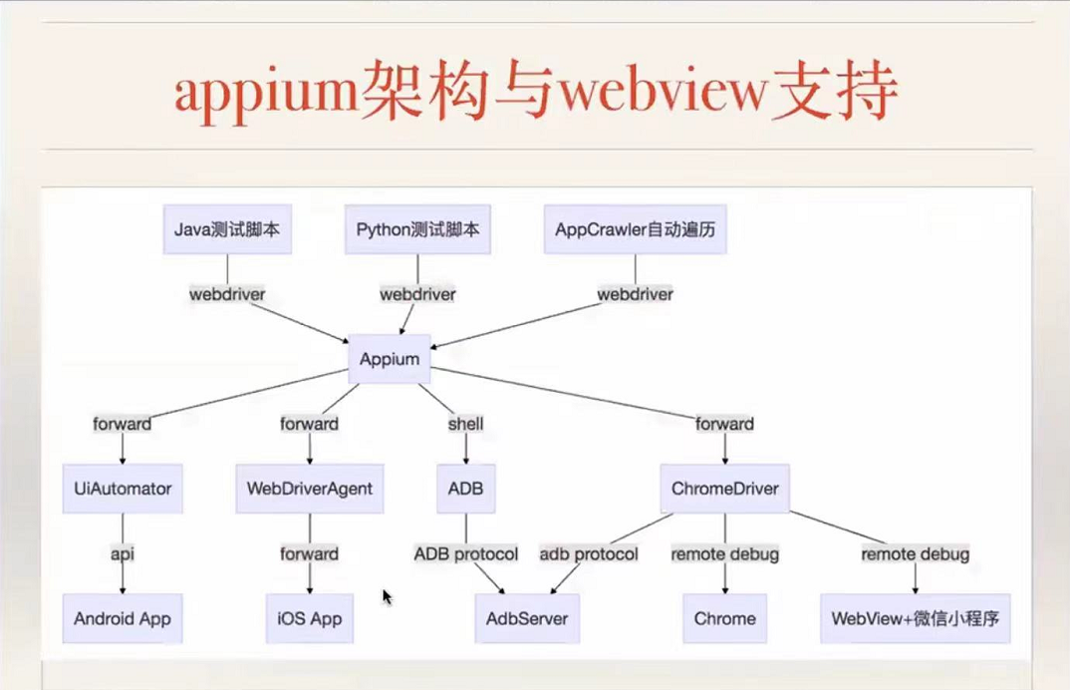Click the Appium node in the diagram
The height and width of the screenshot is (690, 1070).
[390, 359]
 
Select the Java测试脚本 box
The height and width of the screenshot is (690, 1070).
[227, 229]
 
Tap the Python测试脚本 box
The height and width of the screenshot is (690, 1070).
[417, 229]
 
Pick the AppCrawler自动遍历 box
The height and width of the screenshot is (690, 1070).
[636, 229]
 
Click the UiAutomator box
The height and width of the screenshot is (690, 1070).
[123, 489]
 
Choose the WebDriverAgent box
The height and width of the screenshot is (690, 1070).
[310, 489]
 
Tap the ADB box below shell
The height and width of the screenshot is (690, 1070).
[466, 489]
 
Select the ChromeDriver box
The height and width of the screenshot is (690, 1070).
[725, 489]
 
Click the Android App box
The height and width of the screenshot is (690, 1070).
[123, 618]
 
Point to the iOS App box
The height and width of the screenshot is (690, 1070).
[310, 618]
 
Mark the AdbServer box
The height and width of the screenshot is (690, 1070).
[527, 618]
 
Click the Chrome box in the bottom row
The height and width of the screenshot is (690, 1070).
[725, 618]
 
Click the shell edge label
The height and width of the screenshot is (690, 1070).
[466, 424]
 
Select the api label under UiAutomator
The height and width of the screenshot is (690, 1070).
[123, 553]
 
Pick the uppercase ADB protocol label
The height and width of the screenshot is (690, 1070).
[466, 553]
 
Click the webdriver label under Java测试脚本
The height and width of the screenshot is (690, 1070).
[227, 294]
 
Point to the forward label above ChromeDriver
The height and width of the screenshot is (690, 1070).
[725, 424]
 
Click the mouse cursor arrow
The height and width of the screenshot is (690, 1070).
[387, 596]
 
